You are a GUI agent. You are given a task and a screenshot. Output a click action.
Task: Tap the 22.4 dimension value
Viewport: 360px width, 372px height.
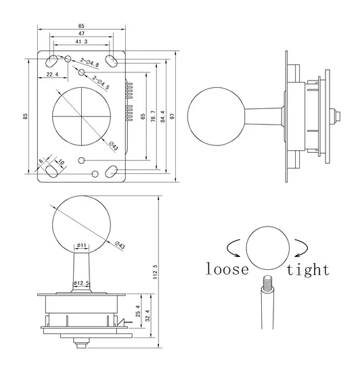[x=52, y=74]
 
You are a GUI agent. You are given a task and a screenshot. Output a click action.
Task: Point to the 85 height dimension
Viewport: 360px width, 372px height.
[x=25, y=116]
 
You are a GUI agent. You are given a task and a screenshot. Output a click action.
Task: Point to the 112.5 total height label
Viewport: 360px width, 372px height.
[x=154, y=272]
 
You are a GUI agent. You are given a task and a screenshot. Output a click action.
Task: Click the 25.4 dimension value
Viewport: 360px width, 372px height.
[x=139, y=311]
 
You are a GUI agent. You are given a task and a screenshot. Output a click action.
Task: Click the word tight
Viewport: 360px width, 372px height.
[x=307, y=269]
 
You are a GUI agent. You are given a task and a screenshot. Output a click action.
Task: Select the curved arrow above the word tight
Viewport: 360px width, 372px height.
[x=296, y=245]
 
